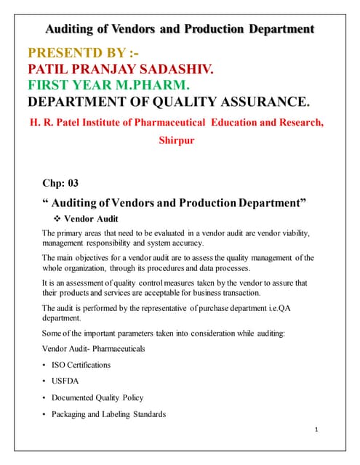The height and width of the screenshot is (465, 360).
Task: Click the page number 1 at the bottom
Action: [318, 430]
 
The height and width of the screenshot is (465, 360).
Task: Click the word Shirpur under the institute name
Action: [177, 140]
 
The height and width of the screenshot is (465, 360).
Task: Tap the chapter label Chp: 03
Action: [61, 183]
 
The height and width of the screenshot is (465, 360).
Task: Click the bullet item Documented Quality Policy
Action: [97, 397]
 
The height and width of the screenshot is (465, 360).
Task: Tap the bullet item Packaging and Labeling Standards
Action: [108, 414]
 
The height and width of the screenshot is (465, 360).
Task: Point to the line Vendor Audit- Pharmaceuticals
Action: [94, 349]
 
